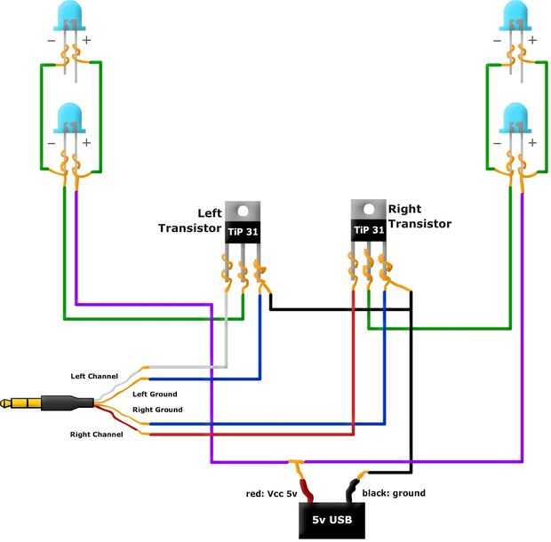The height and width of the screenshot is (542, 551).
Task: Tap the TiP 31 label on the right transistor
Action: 369,230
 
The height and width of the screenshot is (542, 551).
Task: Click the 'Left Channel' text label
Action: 94,376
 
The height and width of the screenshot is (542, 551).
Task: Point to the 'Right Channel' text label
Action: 96,434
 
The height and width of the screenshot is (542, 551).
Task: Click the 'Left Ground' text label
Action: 155,394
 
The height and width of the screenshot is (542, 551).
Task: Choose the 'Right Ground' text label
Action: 157,410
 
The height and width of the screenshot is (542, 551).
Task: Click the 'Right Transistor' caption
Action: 419,217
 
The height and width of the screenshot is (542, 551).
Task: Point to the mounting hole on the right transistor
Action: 369,210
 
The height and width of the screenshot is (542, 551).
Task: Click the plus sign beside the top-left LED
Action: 86,41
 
